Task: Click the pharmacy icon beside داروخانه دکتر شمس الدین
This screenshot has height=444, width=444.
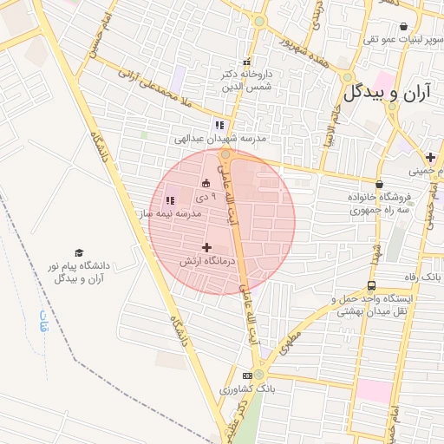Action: click(247, 62)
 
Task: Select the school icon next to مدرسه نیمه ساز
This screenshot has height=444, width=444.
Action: click(170, 201)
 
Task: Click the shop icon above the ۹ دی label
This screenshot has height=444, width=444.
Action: click(206, 183)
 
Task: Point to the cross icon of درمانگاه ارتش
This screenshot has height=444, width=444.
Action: click(206, 248)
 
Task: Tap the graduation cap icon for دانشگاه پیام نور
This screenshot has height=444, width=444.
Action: click(79, 252)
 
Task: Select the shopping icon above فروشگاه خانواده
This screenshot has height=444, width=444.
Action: click(380, 183)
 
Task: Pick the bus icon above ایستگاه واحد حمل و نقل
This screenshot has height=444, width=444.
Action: click(372, 285)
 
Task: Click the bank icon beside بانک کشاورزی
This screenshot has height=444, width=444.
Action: click(247, 375)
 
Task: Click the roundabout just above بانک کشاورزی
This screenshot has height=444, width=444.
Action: click(258, 375)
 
